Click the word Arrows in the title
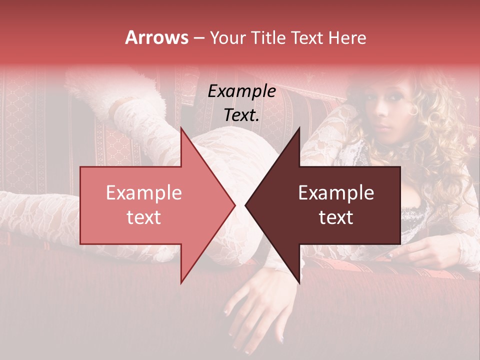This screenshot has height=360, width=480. pyautogui.click(x=157, y=37)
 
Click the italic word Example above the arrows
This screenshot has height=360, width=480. pyautogui.click(x=241, y=92)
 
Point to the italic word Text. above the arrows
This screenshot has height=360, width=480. pyautogui.click(x=241, y=115)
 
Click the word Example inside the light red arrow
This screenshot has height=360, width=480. pyautogui.click(x=143, y=193)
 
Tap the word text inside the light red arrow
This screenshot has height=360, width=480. pyautogui.click(x=143, y=217)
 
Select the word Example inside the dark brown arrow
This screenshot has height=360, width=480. pyautogui.click(x=335, y=193)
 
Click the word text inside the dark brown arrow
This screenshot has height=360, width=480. pyautogui.click(x=335, y=217)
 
